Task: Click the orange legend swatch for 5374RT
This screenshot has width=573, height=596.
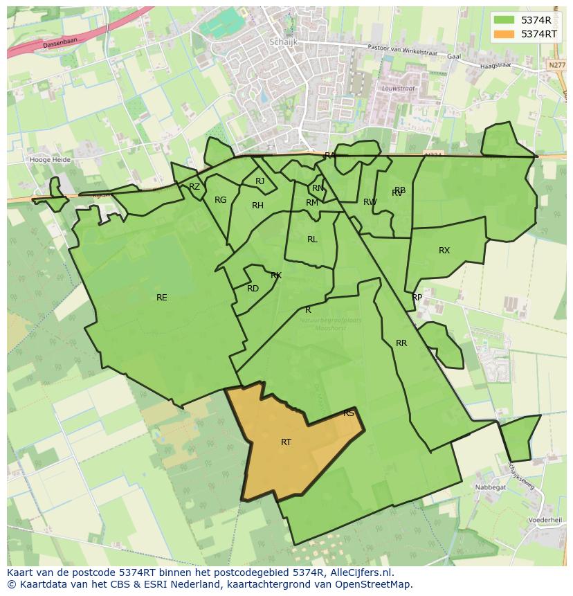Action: [504, 34]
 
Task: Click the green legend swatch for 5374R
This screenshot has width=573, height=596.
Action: [504, 20]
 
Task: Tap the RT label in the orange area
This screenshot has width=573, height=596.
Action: [286, 442]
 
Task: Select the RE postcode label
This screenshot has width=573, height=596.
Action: [161, 298]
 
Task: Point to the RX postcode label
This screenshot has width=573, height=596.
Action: [444, 251]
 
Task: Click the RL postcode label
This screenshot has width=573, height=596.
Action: [312, 240]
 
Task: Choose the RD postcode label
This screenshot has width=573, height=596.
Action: [253, 289]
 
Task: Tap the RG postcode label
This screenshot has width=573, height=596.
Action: [220, 200]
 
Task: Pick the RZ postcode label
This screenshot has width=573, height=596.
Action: [194, 187]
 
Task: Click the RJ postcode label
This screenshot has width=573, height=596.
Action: [260, 181]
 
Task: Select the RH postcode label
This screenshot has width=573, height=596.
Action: [257, 206]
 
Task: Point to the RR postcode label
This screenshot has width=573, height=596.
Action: [401, 343]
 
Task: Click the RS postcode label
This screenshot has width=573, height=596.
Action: [349, 414]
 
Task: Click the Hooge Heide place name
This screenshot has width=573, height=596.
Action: [51, 159]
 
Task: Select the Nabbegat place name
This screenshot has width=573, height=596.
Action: [490, 487]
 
